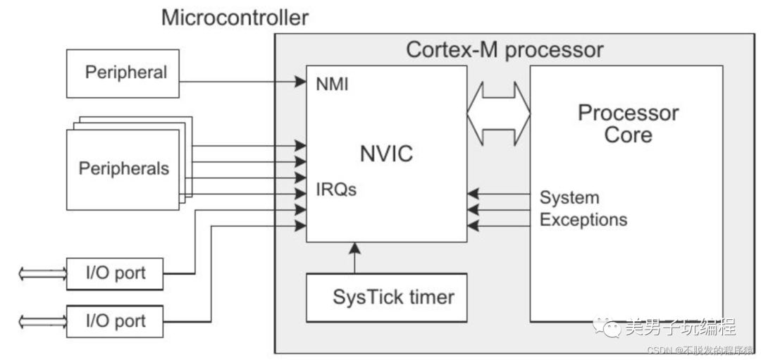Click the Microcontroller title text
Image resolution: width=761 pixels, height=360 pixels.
click(x=235, y=17)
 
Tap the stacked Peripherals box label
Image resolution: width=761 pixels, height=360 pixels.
click(x=123, y=169)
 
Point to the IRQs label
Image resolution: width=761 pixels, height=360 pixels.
click(x=336, y=190)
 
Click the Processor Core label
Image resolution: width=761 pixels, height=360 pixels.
click(x=628, y=123)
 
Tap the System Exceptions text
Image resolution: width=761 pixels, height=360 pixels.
click(x=583, y=209)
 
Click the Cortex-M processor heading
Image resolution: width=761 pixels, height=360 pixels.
click(x=505, y=50)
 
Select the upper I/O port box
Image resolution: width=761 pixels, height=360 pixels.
click(x=115, y=273)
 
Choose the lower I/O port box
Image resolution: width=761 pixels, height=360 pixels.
click(x=115, y=321)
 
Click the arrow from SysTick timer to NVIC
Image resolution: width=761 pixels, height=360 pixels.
click(x=354, y=258)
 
